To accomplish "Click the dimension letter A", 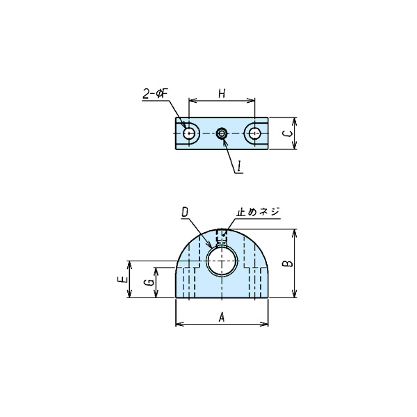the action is click(x=222, y=318).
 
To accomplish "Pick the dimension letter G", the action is click(x=150, y=282).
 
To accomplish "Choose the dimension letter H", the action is click(x=222, y=94).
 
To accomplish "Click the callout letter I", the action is click(x=239, y=166).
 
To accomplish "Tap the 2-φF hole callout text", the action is click(x=156, y=93).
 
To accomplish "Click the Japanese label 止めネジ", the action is click(x=259, y=212).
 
